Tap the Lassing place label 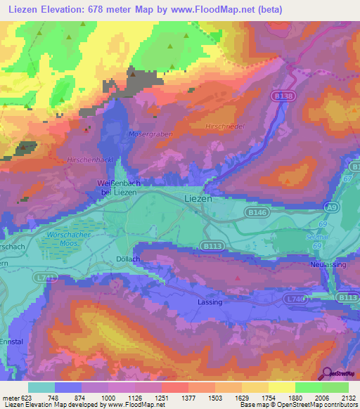[210, 302]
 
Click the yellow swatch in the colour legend [281, 387]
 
